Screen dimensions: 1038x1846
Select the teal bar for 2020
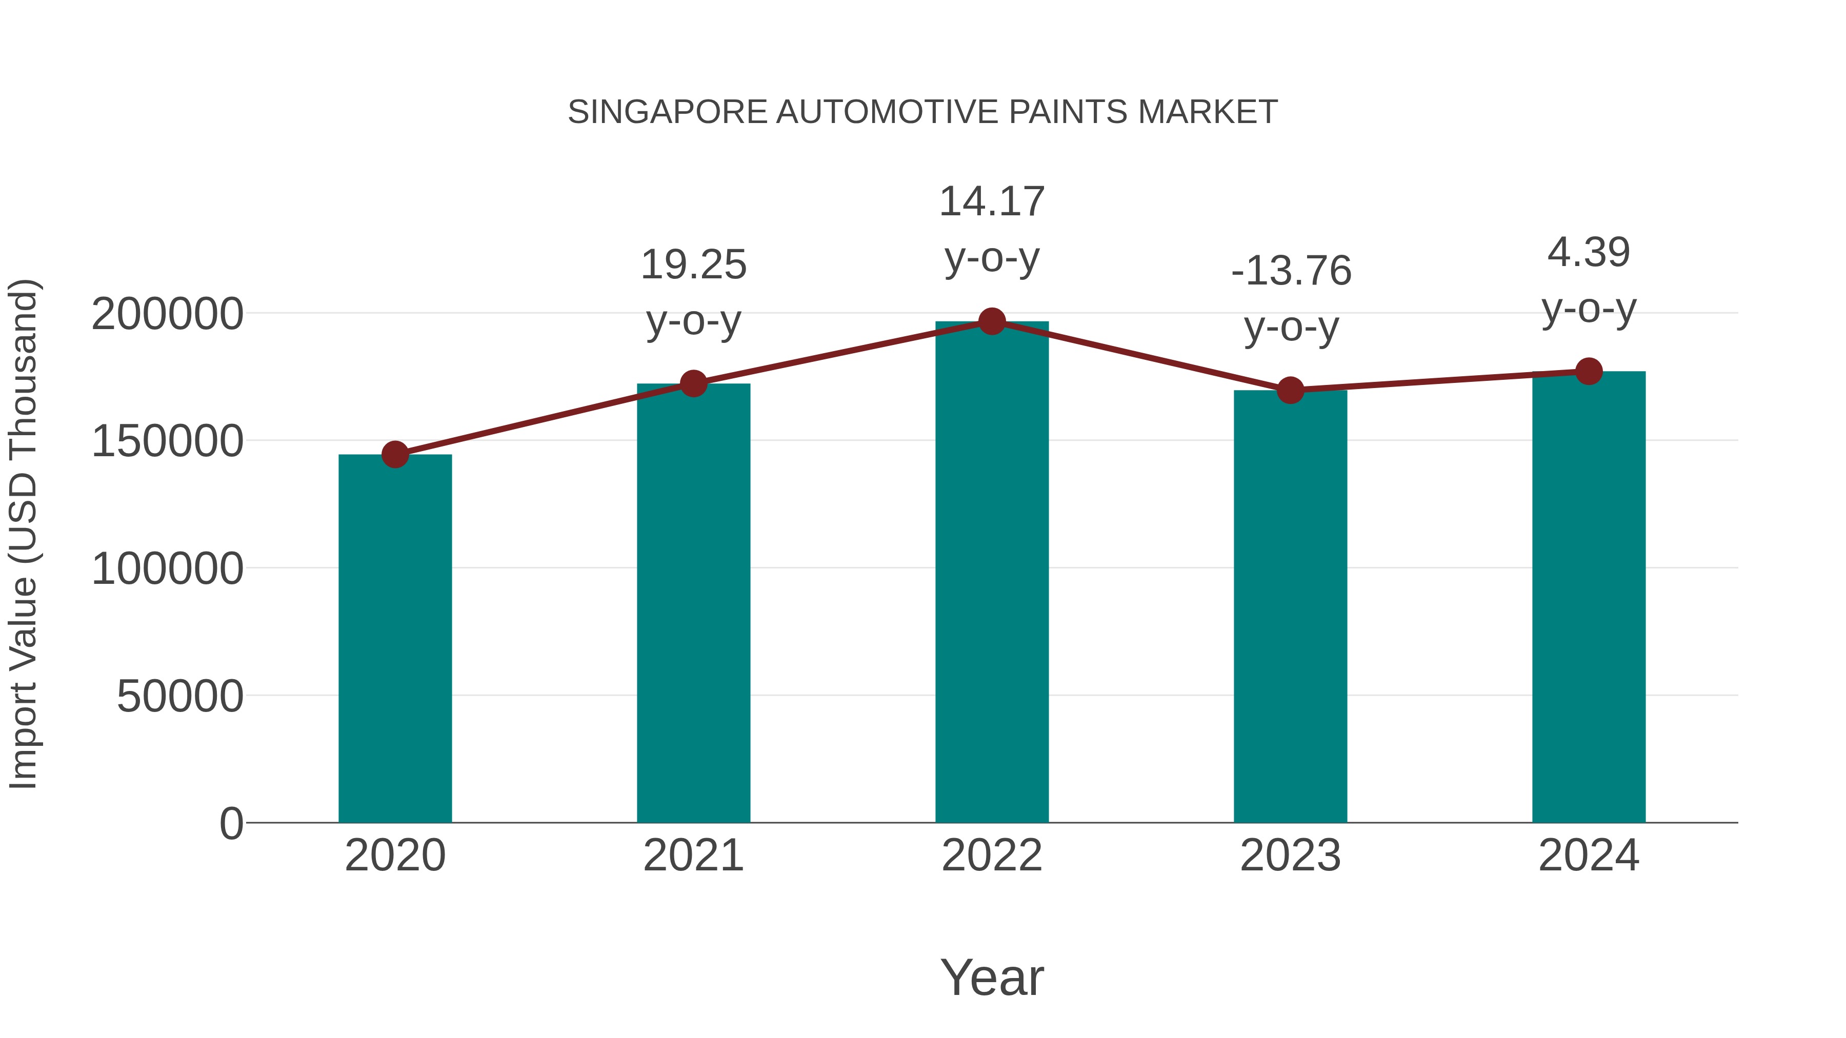[395, 638]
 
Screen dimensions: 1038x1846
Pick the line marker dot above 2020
[395, 454]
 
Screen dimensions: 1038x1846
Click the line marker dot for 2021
[693, 384]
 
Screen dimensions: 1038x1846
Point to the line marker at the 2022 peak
[992, 321]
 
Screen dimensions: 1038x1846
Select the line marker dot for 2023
[1290, 391]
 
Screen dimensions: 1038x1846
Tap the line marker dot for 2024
[1589, 372]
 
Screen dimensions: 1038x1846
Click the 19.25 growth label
[693, 265]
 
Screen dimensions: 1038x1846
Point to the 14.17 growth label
[992, 201]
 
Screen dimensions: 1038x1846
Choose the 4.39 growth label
[1589, 252]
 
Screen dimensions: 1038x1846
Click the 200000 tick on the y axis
[168, 315]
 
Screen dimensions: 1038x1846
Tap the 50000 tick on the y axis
[180, 696]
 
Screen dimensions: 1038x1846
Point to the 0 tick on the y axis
[231, 824]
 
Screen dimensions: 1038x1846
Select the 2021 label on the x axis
[693, 856]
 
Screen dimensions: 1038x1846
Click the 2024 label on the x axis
[1589, 856]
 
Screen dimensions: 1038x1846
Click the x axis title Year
[992, 977]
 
